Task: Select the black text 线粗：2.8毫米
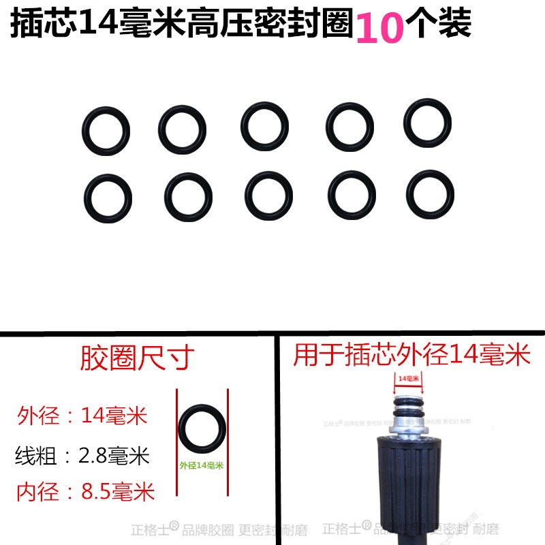point(82,454)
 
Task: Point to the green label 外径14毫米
point(202,465)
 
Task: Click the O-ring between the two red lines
point(202,430)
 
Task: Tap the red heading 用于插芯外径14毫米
point(411,355)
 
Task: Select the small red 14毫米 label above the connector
point(407,377)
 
